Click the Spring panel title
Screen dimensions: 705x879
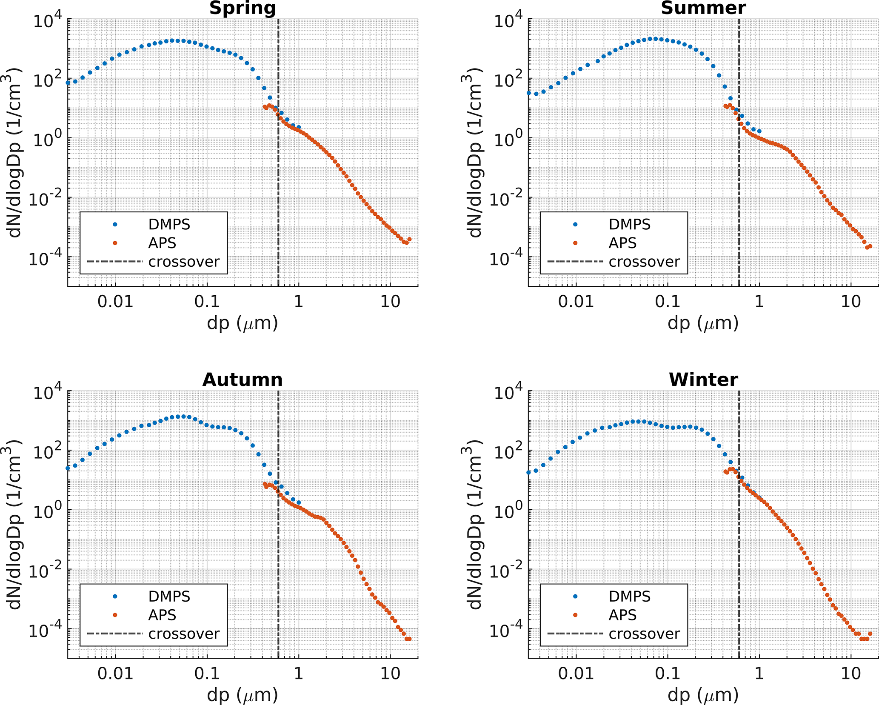(243, 8)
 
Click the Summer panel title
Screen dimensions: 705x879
(703, 8)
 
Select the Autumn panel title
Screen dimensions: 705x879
(243, 380)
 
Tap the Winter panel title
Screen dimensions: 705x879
(703, 380)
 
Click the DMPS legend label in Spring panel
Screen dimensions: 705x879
(169, 224)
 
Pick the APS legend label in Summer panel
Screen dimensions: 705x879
(622, 243)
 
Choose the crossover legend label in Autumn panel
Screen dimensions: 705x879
(184, 634)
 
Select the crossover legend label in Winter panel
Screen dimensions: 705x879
(644, 634)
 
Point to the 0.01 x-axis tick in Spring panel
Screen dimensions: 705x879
(115, 302)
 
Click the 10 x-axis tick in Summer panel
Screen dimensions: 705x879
(851, 302)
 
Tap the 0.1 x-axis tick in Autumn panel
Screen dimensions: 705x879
(207, 674)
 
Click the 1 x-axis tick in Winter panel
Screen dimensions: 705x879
(759, 674)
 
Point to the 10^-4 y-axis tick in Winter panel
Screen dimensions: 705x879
(508, 630)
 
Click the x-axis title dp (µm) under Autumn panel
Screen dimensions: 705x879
(243, 695)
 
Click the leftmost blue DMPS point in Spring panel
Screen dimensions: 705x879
(68, 83)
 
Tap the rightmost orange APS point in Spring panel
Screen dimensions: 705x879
(409, 240)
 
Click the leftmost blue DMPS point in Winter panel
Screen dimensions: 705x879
(529, 472)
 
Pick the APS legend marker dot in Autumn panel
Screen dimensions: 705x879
(115, 615)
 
